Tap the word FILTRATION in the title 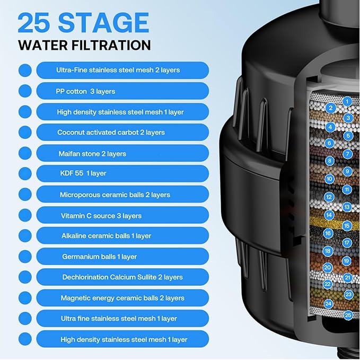(x=111, y=45)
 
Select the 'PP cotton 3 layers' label (x=85, y=91)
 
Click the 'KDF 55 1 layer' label (x=83, y=173)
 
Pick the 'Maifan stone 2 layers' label (x=92, y=154)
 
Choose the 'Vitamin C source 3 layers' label (x=101, y=216)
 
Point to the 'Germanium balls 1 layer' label (x=100, y=257)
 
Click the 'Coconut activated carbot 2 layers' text (x=111, y=133)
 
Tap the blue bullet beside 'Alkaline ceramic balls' (x=25, y=235)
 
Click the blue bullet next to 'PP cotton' (x=25, y=91)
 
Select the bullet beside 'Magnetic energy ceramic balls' (x=25, y=298)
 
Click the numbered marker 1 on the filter (x=347, y=101)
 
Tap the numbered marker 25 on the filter (x=348, y=315)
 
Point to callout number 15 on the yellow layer (x=347, y=226)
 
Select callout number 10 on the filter (x=329, y=179)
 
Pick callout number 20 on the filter (x=328, y=267)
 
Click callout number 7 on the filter (x=347, y=154)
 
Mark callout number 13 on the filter (x=347, y=207)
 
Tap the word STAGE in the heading (x=104, y=22)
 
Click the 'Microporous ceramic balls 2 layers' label (x=115, y=195)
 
